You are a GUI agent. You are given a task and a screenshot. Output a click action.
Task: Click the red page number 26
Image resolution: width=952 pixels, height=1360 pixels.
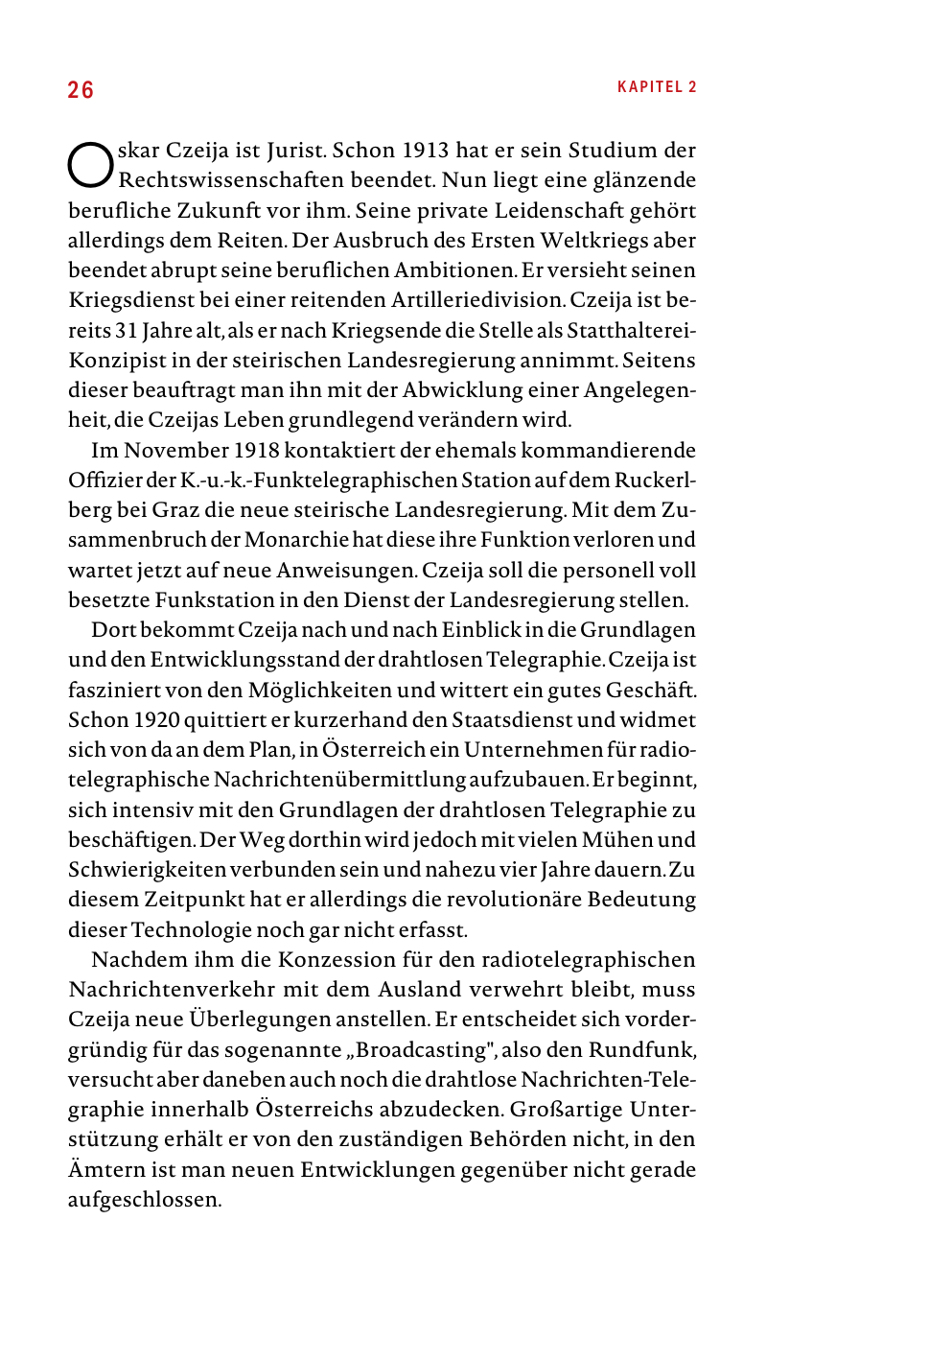tap(81, 90)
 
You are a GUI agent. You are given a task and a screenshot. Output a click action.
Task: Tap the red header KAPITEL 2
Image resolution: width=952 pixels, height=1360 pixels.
tap(657, 87)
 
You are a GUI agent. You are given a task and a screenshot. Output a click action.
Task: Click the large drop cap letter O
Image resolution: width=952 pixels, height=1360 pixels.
tap(90, 165)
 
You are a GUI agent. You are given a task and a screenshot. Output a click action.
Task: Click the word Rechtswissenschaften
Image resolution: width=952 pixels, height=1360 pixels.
tap(230, 180)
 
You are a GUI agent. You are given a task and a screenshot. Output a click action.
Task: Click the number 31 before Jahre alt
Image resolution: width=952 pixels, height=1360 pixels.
tap(127, 331)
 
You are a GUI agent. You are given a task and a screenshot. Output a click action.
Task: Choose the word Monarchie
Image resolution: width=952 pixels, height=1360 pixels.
tap(296, 540)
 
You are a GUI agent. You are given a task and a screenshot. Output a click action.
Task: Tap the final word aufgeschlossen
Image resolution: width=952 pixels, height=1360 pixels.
tap(143, 1200)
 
